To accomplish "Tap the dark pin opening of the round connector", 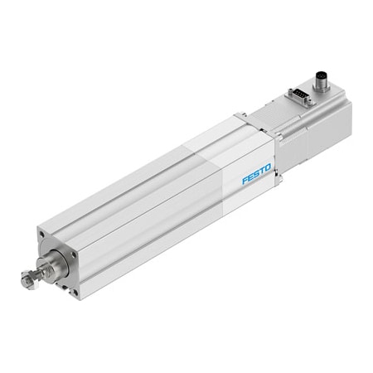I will click(x=322, y=78).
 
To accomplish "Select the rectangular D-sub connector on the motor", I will click(x=299, y=98).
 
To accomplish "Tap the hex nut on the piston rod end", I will click(x=27, y=282).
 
